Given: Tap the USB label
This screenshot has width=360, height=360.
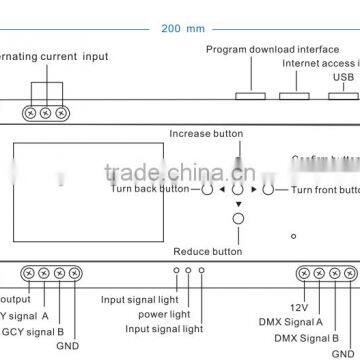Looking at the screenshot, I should [x=343, y=74].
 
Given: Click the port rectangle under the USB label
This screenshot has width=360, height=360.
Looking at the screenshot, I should [x=343, y=97].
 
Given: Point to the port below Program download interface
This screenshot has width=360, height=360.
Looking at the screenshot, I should [x=251, y=97].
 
